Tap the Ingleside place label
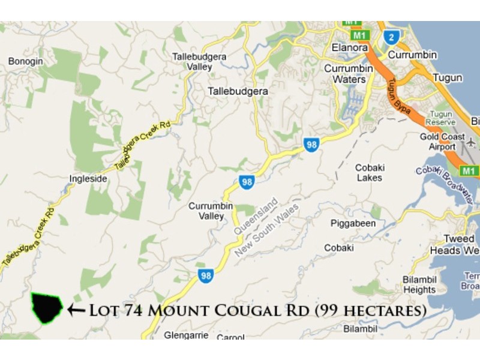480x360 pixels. click(88, 178)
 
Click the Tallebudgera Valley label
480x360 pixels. click(193, 61)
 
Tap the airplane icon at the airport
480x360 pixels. click(471, 144)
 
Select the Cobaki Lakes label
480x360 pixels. click(369, 173)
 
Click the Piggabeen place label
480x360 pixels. click(353, 223)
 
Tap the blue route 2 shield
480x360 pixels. click(391, 36)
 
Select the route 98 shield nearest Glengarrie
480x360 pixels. click(205, 275)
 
